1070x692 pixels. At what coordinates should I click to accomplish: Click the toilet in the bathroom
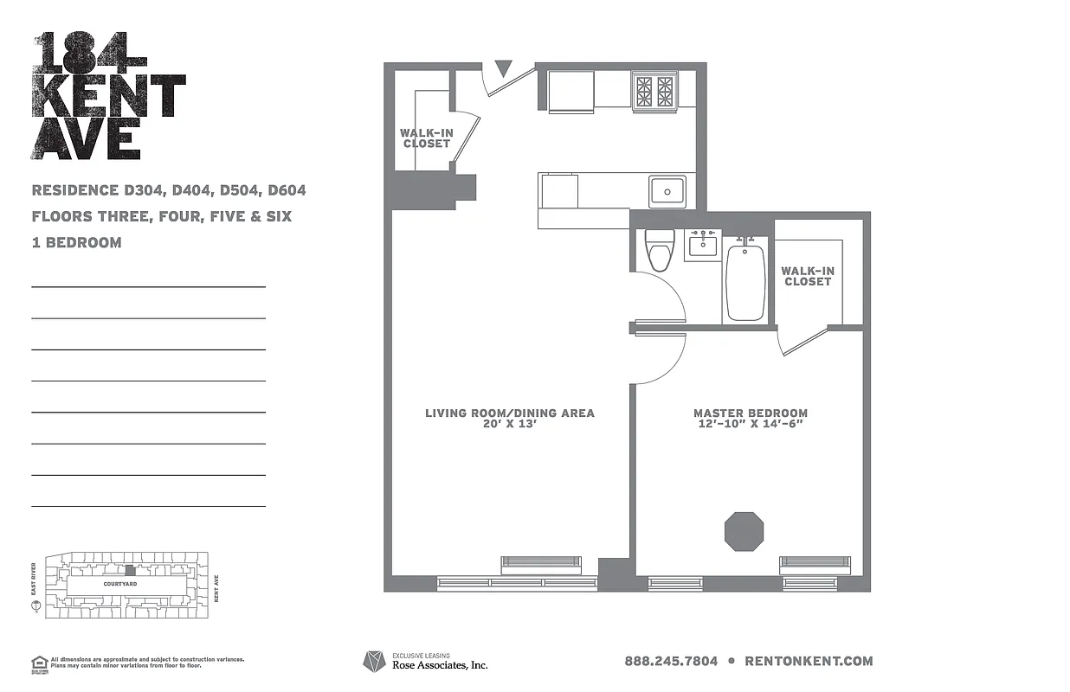[x=660, y=251]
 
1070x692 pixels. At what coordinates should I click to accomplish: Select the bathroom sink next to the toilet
[x=702, y=246]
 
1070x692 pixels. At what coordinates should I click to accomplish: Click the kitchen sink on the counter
[x=667, y=190]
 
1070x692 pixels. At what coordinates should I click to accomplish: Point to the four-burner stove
[x=654, y=91]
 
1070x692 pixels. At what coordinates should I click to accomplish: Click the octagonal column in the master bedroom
[x=744, y=531]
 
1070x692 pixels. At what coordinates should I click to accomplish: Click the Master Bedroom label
[x=751, y=413]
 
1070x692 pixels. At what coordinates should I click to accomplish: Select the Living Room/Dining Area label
[x=510, y=413]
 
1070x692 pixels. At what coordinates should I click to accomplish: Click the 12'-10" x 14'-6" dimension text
[x=751, y=424]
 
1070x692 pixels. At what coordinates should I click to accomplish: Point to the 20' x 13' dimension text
[x=510, y=425]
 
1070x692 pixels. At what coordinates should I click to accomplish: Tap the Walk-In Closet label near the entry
[x=426, y=138]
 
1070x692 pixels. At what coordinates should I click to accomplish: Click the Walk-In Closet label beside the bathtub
[x=808, y=276]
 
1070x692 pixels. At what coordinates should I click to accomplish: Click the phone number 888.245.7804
[x=671, y=661]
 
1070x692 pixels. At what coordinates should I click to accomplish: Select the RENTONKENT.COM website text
[x=809, y=661]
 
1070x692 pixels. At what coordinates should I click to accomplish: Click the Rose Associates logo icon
[x=373, y=662]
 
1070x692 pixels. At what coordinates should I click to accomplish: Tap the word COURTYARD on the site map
[x=120, y=584]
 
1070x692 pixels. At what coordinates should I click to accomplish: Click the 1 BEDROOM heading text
[x=76, y=243]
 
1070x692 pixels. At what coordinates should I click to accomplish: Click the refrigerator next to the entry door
[x=570, y=91]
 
